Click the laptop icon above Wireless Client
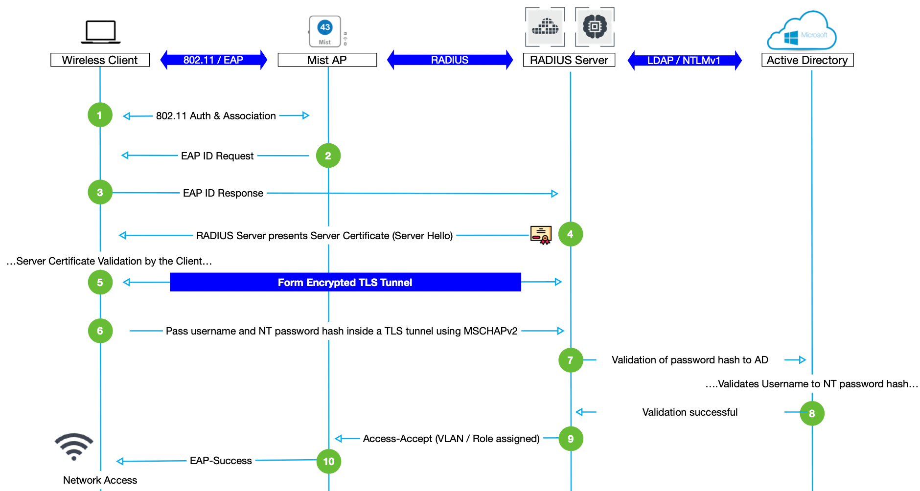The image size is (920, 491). (100, 32)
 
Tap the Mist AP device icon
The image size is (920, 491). (325, 31)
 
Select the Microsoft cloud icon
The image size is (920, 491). (802, 32)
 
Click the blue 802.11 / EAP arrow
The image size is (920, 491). (213, 60)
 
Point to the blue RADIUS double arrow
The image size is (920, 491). (450, 60)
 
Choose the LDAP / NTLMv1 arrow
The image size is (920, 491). (684, 61)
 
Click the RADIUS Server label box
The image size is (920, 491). (569, 60)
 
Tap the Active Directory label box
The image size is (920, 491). (807, 60)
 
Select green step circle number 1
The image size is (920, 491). (100, 115)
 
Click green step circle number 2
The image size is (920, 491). (328, 156)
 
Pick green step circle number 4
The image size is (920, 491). (570, 234)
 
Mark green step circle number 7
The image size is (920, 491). (570, 360)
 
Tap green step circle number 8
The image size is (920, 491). (812, 413)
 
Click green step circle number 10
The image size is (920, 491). (328, 461)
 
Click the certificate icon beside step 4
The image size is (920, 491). (541, 235)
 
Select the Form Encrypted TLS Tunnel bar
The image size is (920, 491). (345, 282)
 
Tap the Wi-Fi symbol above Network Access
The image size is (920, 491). (74, 446)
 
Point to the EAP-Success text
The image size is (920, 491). (221, 461)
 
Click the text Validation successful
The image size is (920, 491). (690, 412)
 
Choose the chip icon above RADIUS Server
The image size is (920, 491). (595, 27)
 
